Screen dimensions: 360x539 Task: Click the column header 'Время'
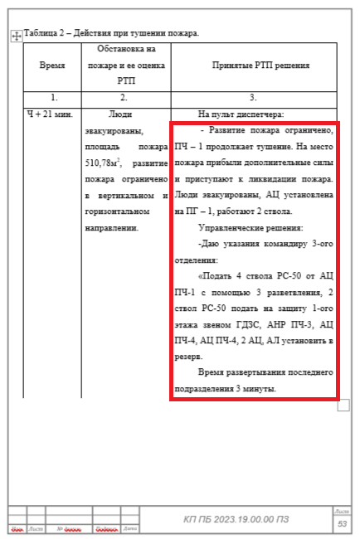pyautogui.click(x=51, y=65)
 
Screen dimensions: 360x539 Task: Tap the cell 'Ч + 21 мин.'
pyautogui.click(x=51, y=114)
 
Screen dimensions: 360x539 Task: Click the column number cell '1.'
pyautogui.click(x=51, y=97)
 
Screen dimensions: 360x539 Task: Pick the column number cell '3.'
pyautogui.click(x=253, y=97)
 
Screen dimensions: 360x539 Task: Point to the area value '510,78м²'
pyautogui.click(x=102, y=163)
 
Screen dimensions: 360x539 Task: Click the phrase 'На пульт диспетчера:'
pyautogui.click(x=241, y=114)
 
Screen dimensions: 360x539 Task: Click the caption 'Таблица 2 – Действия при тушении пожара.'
pyautogui.click(x=112, y=33)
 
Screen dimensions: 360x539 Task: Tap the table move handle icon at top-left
pyautogui.click(x=15, y=36)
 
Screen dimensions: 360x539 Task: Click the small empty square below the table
pyautogui.click(x=343, y=405)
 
